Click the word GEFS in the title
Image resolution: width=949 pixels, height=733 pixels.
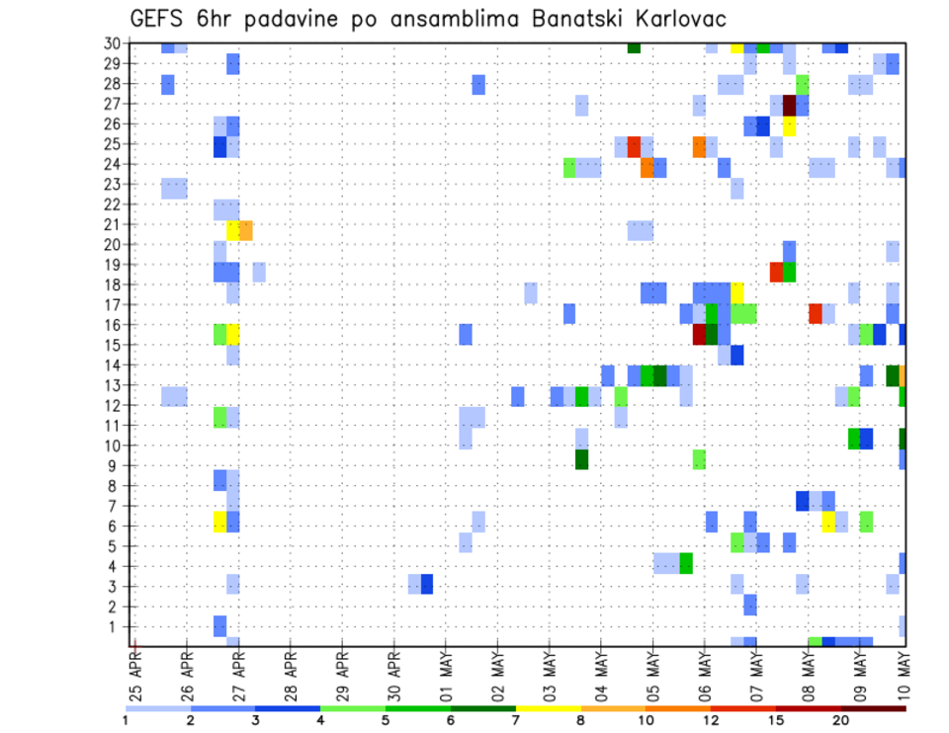(x=160, y=19)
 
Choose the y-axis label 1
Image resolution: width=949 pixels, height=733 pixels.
(x=115, y=626)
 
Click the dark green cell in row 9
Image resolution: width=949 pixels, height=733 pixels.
(x=582, y=459)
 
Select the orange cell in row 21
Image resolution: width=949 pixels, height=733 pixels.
(x=245, y=230)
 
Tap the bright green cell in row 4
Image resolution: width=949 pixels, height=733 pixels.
(x=686, y=563)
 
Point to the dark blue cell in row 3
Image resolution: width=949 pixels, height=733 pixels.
(x=427, y=584)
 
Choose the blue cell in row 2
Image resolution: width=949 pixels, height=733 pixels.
(x=750, y=605)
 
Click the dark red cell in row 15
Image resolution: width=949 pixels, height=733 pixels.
(x=699, y=335)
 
